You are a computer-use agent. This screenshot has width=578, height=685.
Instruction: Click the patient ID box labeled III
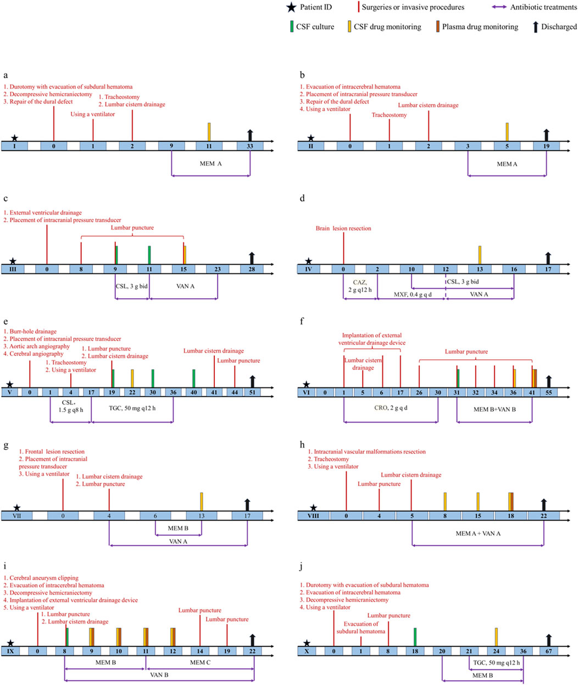(13, 269)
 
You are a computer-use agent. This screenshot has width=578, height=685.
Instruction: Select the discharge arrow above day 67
(548, 640)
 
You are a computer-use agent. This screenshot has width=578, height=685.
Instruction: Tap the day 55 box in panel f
(549, 392)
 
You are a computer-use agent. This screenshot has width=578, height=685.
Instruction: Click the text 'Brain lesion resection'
(343, 228)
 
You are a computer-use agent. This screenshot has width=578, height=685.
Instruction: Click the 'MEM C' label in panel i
(197, 662)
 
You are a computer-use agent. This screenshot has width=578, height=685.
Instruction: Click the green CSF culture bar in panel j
(415, 637)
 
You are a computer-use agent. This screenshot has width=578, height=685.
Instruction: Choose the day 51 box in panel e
(252, 392)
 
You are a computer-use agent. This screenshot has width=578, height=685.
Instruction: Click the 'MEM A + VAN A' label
(478, 534)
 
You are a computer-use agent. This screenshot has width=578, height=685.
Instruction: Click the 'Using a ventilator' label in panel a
(93, 114)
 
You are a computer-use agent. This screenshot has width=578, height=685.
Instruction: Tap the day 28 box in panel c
(252, 269)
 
